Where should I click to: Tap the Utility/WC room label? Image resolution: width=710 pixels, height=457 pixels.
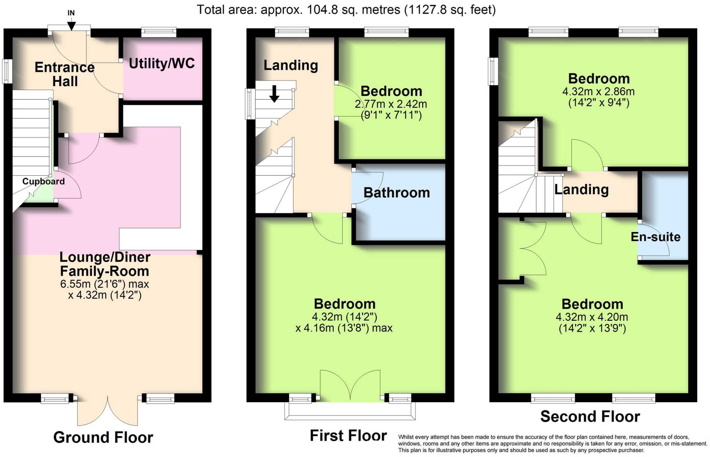click(162, 63)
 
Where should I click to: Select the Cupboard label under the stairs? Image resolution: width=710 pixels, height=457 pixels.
click(43, 181)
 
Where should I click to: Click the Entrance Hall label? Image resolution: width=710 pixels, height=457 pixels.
click(64, 74)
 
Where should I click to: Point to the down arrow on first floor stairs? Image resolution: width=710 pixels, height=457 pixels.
click(274, 94)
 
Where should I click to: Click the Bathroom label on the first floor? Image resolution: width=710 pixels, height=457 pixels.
click(397, 193)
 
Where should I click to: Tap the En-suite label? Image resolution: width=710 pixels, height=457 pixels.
click(655, 237)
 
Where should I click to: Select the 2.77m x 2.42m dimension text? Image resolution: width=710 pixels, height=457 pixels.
click(391, 104)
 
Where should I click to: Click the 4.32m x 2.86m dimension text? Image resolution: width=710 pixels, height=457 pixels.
click(598, 92)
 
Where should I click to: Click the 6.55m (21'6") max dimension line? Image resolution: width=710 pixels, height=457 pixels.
click(104, 284)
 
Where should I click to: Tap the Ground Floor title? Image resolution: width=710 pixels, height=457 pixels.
click(103, 437)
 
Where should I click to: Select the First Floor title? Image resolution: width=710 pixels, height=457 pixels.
click(348, 436)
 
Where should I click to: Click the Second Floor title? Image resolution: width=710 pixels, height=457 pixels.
click(590, 416)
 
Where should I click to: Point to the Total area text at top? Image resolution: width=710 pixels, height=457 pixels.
click(346, 9)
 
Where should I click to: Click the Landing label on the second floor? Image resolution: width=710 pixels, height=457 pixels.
click(581, 189)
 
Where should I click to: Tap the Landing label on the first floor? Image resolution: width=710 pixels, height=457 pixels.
click(291, 65)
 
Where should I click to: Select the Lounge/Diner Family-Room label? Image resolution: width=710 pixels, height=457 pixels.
click(105, 264)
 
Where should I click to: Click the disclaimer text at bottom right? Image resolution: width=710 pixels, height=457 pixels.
click(552, 444)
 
